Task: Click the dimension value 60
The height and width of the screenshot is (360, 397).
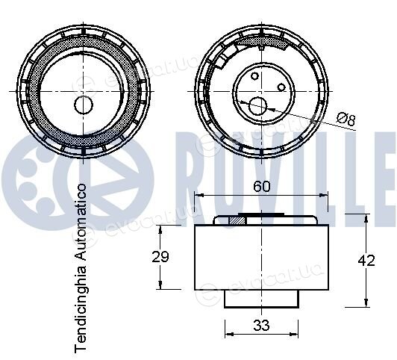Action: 262,187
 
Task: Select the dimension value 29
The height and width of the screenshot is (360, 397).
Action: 160,257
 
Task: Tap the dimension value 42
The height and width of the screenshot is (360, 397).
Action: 366,261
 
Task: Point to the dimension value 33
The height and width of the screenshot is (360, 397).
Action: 261,326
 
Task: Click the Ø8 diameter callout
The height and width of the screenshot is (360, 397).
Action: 346,120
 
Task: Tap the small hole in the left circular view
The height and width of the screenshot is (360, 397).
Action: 84,105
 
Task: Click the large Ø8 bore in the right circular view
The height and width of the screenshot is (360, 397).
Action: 257,106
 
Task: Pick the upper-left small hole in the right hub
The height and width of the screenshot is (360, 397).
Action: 254,76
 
